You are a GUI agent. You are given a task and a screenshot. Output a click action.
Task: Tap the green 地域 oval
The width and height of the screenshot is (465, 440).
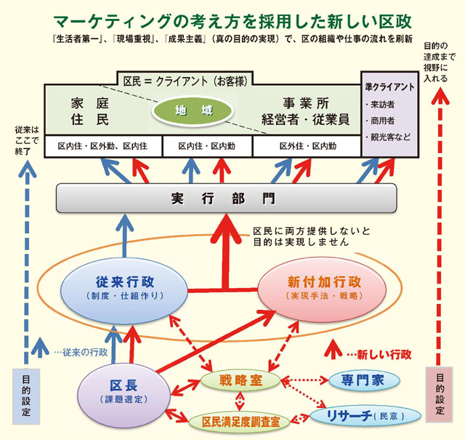(193, 112)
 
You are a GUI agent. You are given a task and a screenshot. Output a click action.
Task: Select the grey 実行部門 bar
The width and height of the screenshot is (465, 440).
(226, 198)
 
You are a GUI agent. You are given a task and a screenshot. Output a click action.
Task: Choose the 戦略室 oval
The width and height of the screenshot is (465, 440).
(240, 380)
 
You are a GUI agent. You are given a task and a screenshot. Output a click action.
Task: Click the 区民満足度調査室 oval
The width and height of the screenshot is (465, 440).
(239, 420)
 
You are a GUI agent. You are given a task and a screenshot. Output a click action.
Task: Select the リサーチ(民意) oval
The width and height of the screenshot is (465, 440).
(365, 415)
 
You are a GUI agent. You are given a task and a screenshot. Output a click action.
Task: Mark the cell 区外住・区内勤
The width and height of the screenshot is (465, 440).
(307, 145)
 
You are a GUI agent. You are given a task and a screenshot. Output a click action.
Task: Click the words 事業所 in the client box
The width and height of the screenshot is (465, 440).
(305, 103)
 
